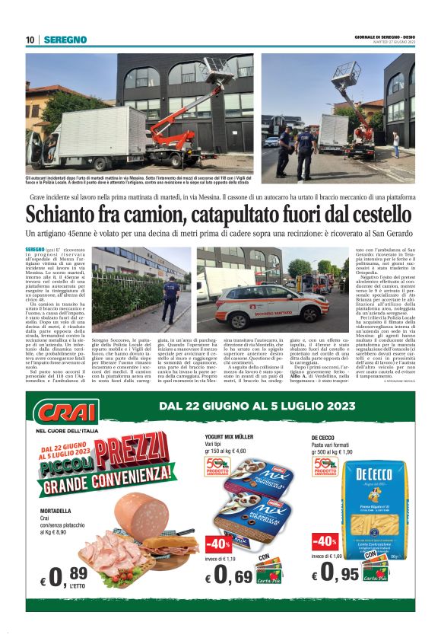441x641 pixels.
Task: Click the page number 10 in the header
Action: coord(30,39)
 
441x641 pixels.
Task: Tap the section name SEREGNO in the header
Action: coord(65,39)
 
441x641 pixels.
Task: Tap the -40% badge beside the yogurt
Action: coord(218,543)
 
